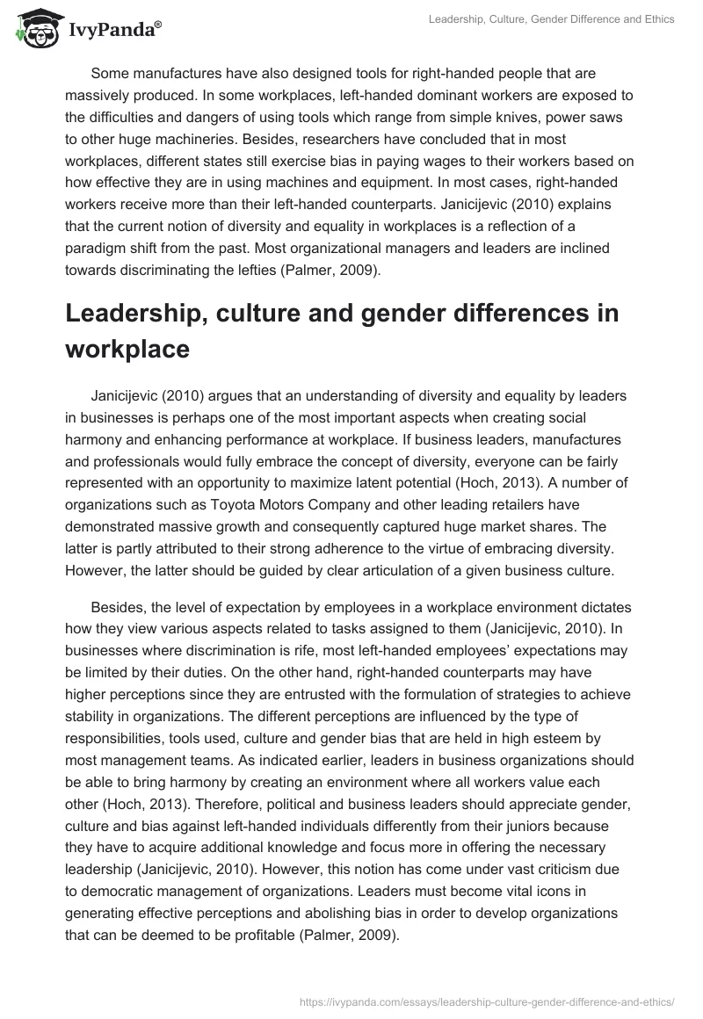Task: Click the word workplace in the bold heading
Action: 127,349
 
